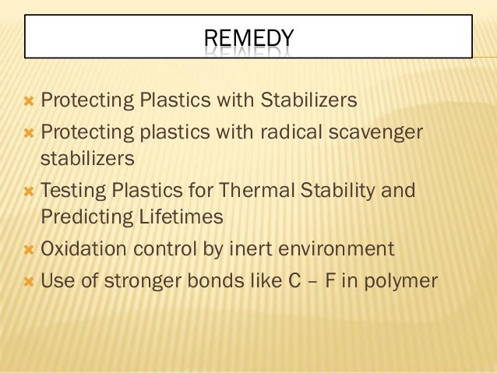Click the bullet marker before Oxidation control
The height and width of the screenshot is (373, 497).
click(28, 250)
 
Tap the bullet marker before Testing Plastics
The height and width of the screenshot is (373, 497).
click(28, 190)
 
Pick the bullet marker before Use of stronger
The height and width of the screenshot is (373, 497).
click(28, 280)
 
